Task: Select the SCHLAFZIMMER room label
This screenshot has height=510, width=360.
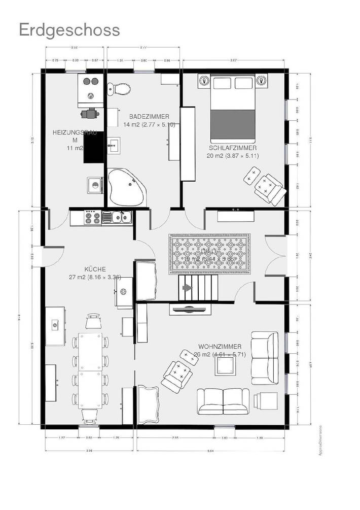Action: (233, 148)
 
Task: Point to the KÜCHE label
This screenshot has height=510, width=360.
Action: (95, 270)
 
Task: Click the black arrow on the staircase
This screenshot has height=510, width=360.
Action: (188, 288)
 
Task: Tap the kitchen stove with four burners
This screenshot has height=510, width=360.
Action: (92, 218)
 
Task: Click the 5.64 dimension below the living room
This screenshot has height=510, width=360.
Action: (211, 450)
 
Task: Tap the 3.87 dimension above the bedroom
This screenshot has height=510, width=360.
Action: (234, 60)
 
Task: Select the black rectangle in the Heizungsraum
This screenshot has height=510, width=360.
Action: (93, 147)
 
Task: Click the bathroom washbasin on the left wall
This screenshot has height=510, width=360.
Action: (113, 146)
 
